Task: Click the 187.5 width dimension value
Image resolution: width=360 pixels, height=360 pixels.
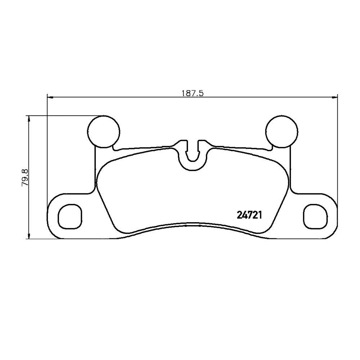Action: (193, 94)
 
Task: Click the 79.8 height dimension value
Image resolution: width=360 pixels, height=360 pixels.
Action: (24, 177)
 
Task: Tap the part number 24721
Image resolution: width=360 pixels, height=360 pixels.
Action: (249, 215)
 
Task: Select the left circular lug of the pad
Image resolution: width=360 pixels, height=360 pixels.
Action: (104, 131)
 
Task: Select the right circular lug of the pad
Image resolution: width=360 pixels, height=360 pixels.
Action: (282, 131)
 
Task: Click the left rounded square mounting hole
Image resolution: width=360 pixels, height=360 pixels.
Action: (70, 216)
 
